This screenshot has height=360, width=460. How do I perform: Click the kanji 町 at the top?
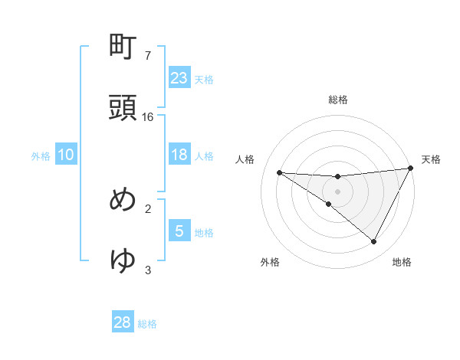123,48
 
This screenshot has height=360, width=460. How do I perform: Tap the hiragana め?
123,200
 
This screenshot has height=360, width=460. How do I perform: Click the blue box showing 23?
179,78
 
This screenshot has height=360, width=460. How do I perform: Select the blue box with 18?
179,155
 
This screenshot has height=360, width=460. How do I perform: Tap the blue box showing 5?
179,231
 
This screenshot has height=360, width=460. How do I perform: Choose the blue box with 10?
66,155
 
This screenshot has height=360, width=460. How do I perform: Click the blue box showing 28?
123,322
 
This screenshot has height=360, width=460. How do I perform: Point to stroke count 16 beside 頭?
148,117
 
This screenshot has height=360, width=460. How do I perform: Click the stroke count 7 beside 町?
148,56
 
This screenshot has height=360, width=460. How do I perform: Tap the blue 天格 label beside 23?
204,80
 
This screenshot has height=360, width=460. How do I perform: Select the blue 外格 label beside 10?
41,156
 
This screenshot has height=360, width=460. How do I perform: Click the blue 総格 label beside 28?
147,324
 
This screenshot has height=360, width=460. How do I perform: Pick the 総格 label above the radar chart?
338,100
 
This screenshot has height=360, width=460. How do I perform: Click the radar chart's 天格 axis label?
432,159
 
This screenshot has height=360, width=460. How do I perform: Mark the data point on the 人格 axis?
279,172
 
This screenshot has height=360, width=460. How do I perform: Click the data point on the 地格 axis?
374,241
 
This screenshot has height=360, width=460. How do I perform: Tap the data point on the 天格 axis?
412,168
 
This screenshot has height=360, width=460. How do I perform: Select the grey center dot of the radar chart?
338,191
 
